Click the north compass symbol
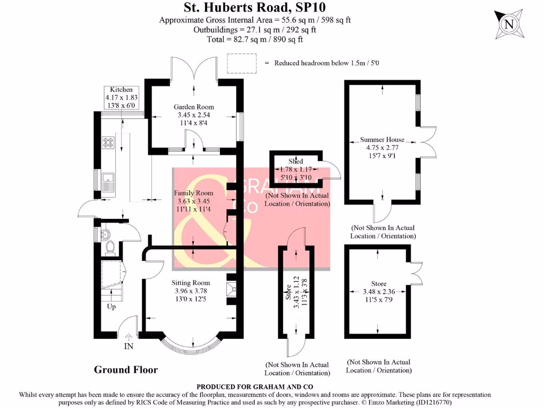pos(509,24)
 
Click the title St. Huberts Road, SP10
pos(254,7)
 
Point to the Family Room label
pos(194,193)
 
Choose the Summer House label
pos(382,140)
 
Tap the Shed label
pos(296,161)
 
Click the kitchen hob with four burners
pos(108,142)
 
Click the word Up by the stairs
pos(112,307)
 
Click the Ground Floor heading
pos(126,370)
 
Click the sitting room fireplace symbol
pos(231,289)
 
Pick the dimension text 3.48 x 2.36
pos(379,292)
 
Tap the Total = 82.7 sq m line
pos(254,39)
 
